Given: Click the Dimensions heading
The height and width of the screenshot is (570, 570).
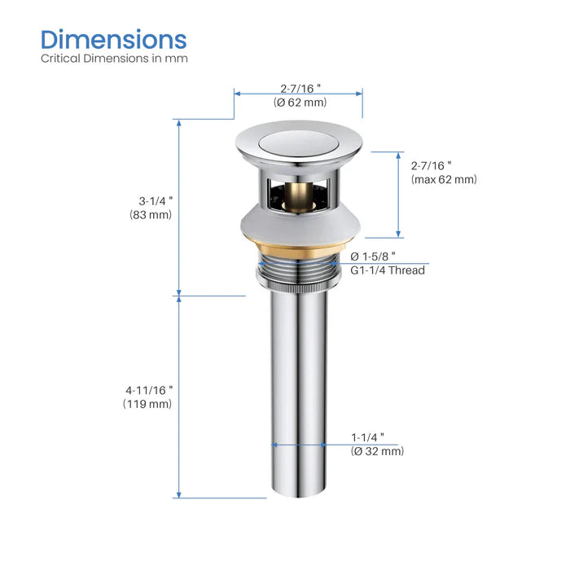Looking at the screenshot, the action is [x=114, y=39].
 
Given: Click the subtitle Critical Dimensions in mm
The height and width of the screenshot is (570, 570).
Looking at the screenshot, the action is [x=114, y=59].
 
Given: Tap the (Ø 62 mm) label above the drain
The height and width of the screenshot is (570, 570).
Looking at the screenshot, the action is [x=300, y=103].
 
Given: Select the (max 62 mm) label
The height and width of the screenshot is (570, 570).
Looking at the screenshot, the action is [x=444, y=179].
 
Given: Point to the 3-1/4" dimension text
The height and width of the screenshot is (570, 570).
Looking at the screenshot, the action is [x=156, y=200].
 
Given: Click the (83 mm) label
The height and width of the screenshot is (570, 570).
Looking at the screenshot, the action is [x=151, y=214].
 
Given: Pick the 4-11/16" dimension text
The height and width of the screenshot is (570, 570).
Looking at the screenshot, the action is [x=149, y=390].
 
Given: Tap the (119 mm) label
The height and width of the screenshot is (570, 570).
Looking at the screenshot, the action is [x=147, y=404].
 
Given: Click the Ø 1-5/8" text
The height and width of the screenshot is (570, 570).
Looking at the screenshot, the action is [x=373, y=256].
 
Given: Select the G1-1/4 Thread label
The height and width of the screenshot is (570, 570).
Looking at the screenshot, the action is [x=388, y=270].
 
